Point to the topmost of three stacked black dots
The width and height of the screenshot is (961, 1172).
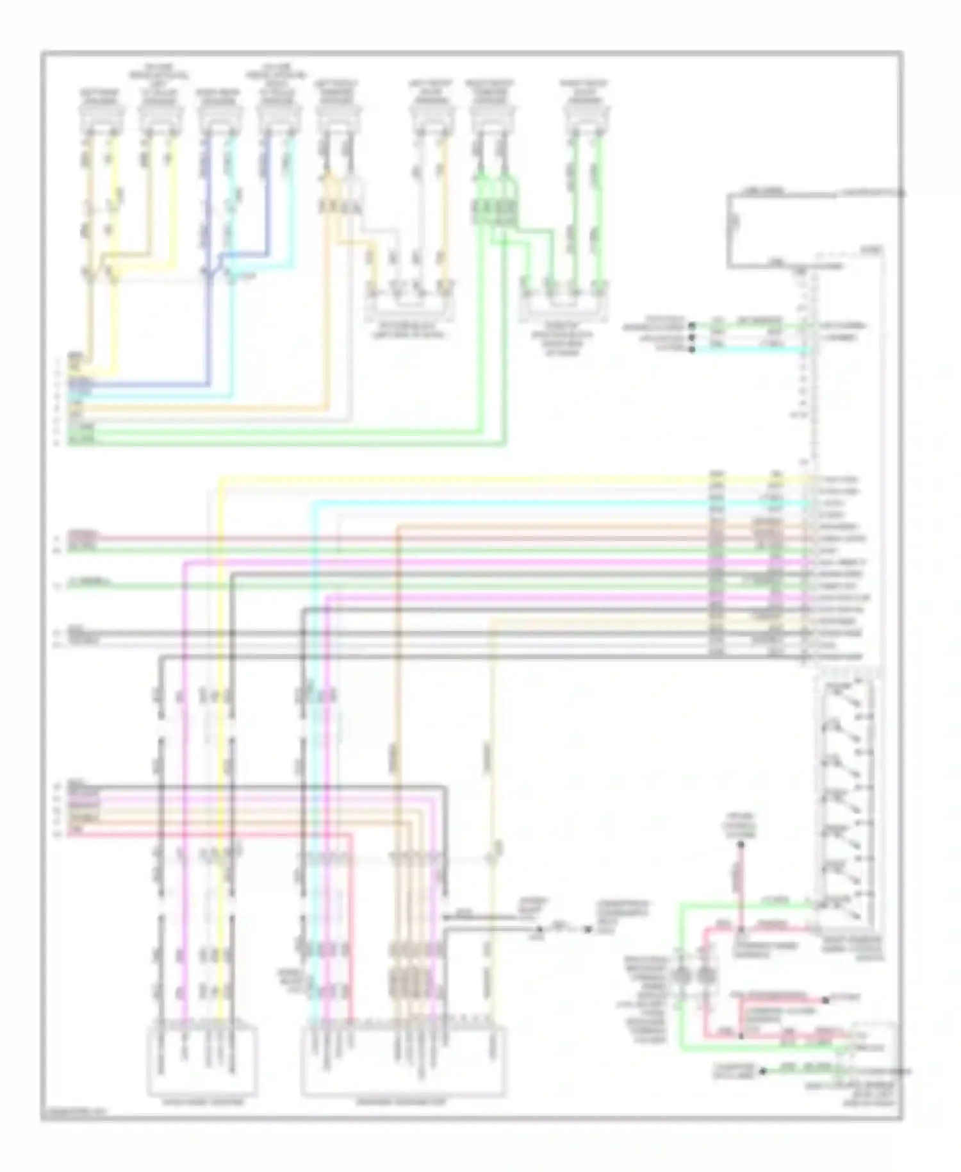pos(692,326)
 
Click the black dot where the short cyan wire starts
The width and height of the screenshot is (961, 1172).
pos(692,350)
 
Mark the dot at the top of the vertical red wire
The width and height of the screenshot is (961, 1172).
pos(741,845)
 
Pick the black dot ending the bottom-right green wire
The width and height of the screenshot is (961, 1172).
pos(762,1071)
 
